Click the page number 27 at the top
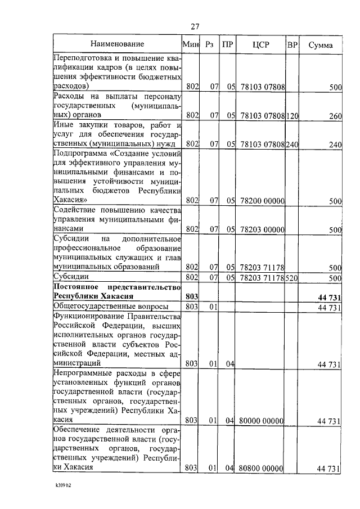[x=195, y=26]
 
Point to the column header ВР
[x=292, y=44]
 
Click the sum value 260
[x=335, y=115]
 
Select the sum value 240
[x=335, y=145]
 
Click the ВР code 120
[x=292, y=115]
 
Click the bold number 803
[x=192, y=296]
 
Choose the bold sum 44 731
[x=329, y=296]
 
